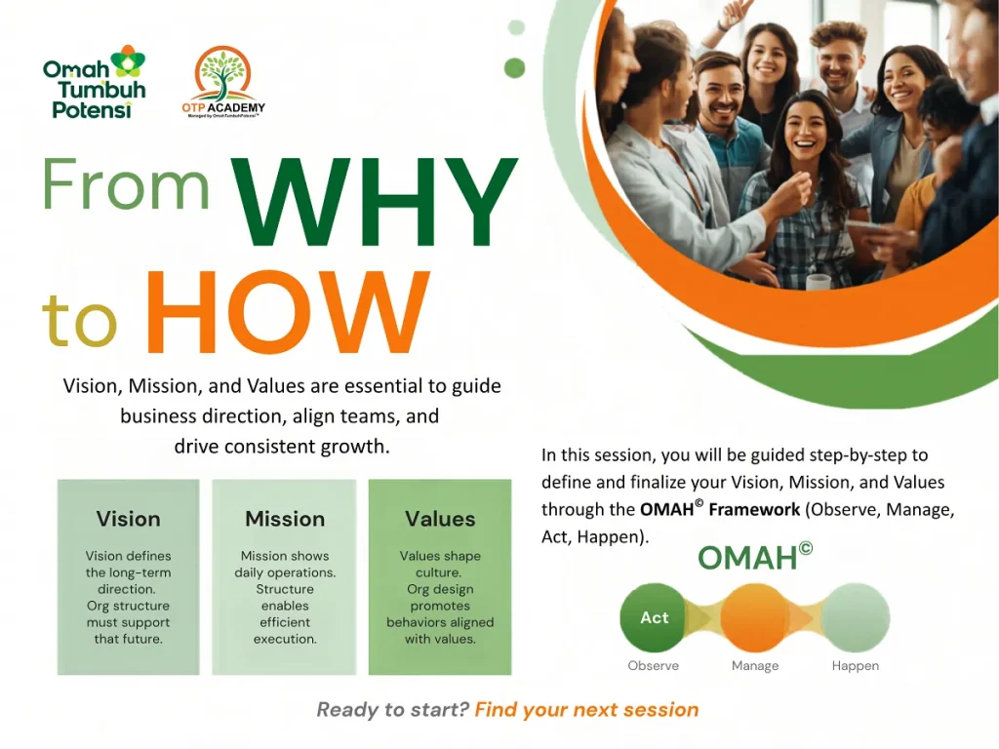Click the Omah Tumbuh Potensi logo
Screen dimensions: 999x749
click(95, 82)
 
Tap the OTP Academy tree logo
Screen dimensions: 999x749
click(223, 82)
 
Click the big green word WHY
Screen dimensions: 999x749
click(374, 202)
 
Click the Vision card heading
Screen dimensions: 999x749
click(128, 519)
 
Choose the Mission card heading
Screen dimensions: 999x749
click(285, 519)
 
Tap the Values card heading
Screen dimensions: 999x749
click(440, 519)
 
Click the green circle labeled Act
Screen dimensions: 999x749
click(654, 617)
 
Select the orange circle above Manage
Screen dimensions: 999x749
click(755, 617)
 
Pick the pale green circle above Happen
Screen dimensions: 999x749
click(856, 617)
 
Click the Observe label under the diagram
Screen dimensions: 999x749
click(653, 665)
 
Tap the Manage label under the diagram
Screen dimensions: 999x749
click(755, 665)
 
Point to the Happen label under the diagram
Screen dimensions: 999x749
click(855, 665)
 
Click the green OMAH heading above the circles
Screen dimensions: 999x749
click(755, 557)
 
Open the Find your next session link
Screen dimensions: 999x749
click(586, 710)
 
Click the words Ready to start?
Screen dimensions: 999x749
click(392, 710)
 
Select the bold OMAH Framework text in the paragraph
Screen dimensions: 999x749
click(720, 509)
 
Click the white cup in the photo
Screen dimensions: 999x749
click(819, 281)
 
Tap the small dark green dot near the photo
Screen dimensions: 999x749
click(514, 67)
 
